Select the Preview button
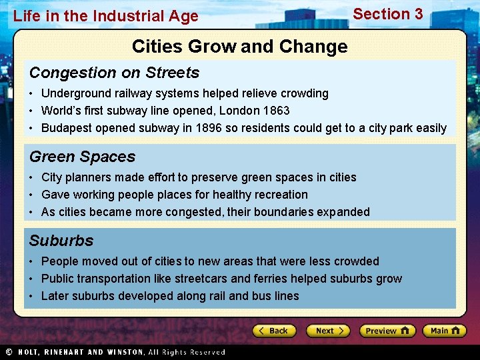(x=387, y=331)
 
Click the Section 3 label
(x=387, y=14)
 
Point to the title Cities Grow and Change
(x=239, y=46)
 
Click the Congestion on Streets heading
(x=114, y=73)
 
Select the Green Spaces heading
(x=82, y=157)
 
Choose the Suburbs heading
(x=61, y=241)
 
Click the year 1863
(x=276, y=111)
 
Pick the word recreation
(x=281, y=195)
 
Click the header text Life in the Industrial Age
(x=105, y=16)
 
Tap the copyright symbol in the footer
(x=9, y=352)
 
